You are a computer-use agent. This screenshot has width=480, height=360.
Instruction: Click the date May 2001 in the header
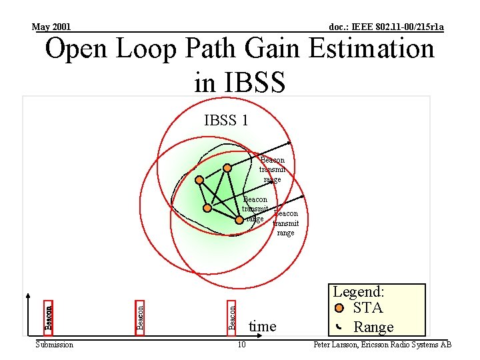click(51, 27)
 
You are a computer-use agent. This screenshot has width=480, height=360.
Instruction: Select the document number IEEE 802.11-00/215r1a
click(387, 27)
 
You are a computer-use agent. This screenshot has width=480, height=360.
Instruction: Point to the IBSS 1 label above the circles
click(226, 121)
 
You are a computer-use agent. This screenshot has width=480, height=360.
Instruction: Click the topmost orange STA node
click(227, 167)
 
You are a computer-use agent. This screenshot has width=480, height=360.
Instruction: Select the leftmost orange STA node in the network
click(199, 179)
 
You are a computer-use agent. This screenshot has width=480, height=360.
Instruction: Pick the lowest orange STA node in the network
click(239, 219)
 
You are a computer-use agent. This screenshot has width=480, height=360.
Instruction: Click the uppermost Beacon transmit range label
click(272, 169)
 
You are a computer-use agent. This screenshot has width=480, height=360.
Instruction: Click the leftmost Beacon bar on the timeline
click(49, 316)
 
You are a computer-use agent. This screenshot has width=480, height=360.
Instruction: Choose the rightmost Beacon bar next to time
click(232, 316)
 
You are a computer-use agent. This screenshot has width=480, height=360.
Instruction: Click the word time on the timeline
click(262, 326)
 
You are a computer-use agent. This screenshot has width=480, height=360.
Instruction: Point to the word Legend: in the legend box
click(359, 292)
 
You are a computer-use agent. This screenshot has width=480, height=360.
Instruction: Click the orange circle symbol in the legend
click(339, 308)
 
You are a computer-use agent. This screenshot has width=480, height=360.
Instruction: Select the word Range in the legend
click(373, 327)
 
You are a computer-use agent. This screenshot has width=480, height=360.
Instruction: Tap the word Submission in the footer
click(54, 345)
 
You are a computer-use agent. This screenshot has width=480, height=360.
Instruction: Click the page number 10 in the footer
click(241, 345)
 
